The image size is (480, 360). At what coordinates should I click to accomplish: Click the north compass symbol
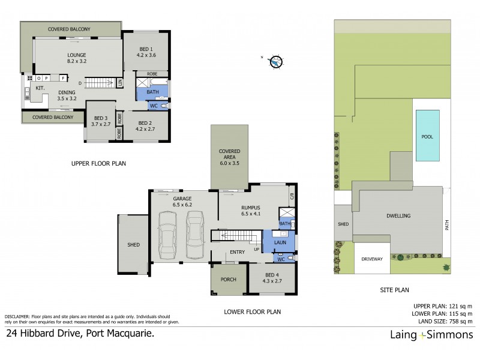click(x=275, y=61)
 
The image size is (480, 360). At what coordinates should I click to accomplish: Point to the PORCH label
click(x=229, y=280)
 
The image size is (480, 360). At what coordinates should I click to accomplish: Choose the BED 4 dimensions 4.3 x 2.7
click(x=272, y=281)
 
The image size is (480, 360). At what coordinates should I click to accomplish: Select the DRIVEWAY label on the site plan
click(x=371, y=259)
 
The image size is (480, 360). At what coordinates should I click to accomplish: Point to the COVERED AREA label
click(x=229, y=155)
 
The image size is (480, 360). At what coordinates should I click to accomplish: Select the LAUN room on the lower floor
click(x=279, y=244)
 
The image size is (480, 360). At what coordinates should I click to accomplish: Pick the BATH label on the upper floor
click(x=152, y=92)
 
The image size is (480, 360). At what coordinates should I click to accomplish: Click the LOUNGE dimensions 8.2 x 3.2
click(x=77, y=61)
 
